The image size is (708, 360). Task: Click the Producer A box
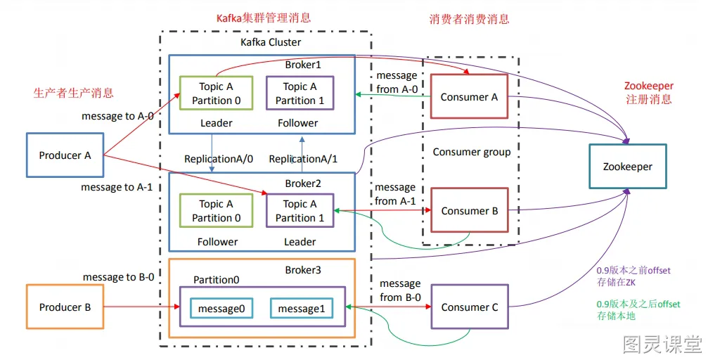pyautogui.click(x=65, y=155)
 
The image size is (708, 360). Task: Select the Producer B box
pyautogui.click(x=65, y=307)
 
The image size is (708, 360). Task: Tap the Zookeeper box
pyautogui.click(x=627, y=167)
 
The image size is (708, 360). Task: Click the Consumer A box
pyautogui.click(x=469, y=97)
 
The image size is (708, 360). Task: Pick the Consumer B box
pyautogui.click(x=469, y=210)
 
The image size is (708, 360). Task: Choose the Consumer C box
pyautogui.click(x=469, y=307)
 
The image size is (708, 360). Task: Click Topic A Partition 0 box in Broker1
pyautogui.click(x=216, y=94)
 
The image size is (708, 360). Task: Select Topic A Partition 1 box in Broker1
pyautogui.click(x=300, y=94)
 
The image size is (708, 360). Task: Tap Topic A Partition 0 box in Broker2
pyautogui.click(x=216, y=211)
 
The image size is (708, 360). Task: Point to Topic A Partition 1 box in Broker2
pyautogui.click(x=300, y=211)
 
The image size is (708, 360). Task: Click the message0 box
pyautogui.click(x=221, y=309)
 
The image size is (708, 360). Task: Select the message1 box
pyautogui.click(x=301, y=309)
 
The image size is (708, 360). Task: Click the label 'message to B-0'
pyautogui.click(x=119, y=277)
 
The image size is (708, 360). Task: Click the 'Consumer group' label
pyautogui.click(x=471, y=152)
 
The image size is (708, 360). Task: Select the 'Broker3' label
pyautogui.click(x=303, y=270)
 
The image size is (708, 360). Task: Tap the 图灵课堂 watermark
pyautogui.click(x=662, y=345)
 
